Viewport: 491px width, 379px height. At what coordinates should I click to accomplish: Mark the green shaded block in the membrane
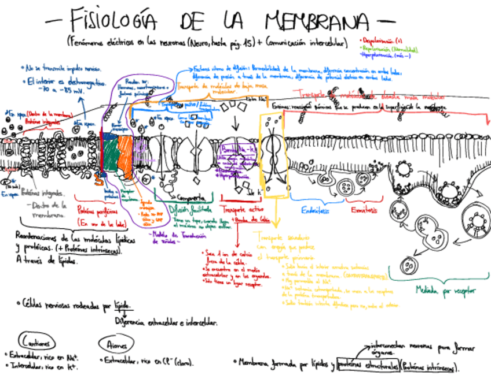click(x=111, y=155)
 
